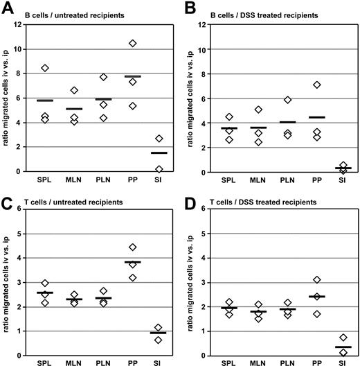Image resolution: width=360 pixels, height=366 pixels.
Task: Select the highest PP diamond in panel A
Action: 133,43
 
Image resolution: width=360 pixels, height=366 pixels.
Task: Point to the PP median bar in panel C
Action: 133,262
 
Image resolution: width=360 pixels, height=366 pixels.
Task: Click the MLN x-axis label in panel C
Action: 74,362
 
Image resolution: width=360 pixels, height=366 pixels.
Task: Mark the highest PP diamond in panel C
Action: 133,247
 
